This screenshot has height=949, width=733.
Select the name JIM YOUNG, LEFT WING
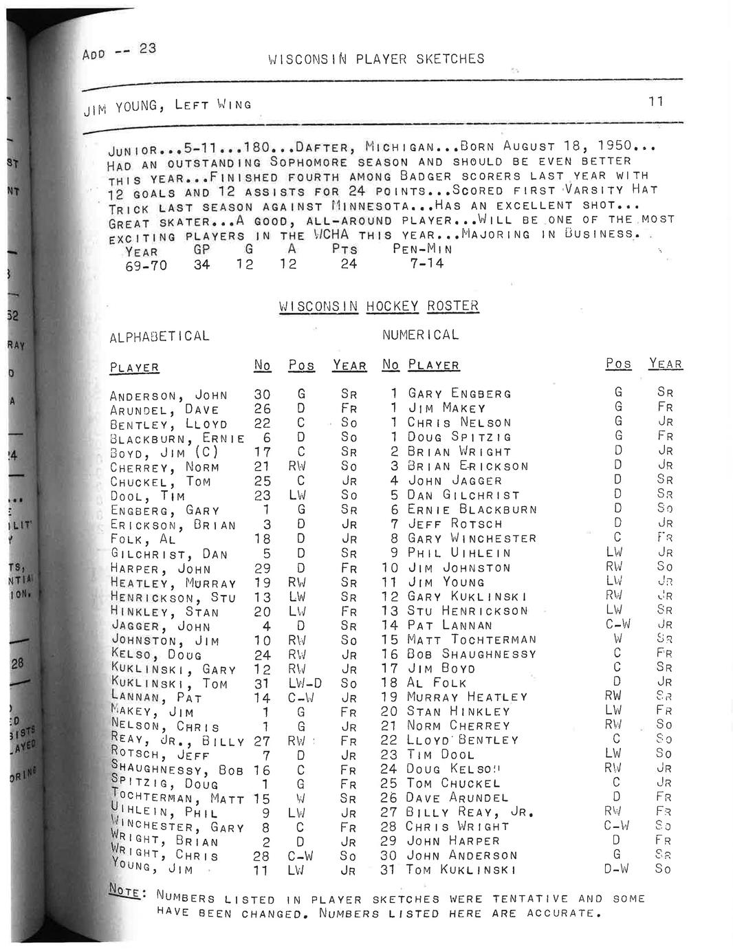coord(167,106)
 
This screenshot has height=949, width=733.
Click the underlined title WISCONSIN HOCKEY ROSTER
coord(379,306)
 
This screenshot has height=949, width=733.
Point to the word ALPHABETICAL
coord(160,336)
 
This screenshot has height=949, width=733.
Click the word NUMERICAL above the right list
coord(419,335)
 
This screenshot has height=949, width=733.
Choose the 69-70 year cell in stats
coord(146,265)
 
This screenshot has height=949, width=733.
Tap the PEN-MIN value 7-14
coord(426,264)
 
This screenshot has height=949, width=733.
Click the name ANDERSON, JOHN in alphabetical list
coord(169,395)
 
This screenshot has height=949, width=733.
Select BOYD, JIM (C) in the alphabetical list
coord(164,452)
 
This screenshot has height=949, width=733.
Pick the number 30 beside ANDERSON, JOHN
coord(263,395)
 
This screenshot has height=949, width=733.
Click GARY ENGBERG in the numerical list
coord(459,394)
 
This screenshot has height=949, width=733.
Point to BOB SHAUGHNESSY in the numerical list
coord(471,654)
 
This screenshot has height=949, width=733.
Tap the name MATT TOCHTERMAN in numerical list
coord(471,640)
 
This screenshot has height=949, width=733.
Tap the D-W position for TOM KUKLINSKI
coord(617,869)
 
